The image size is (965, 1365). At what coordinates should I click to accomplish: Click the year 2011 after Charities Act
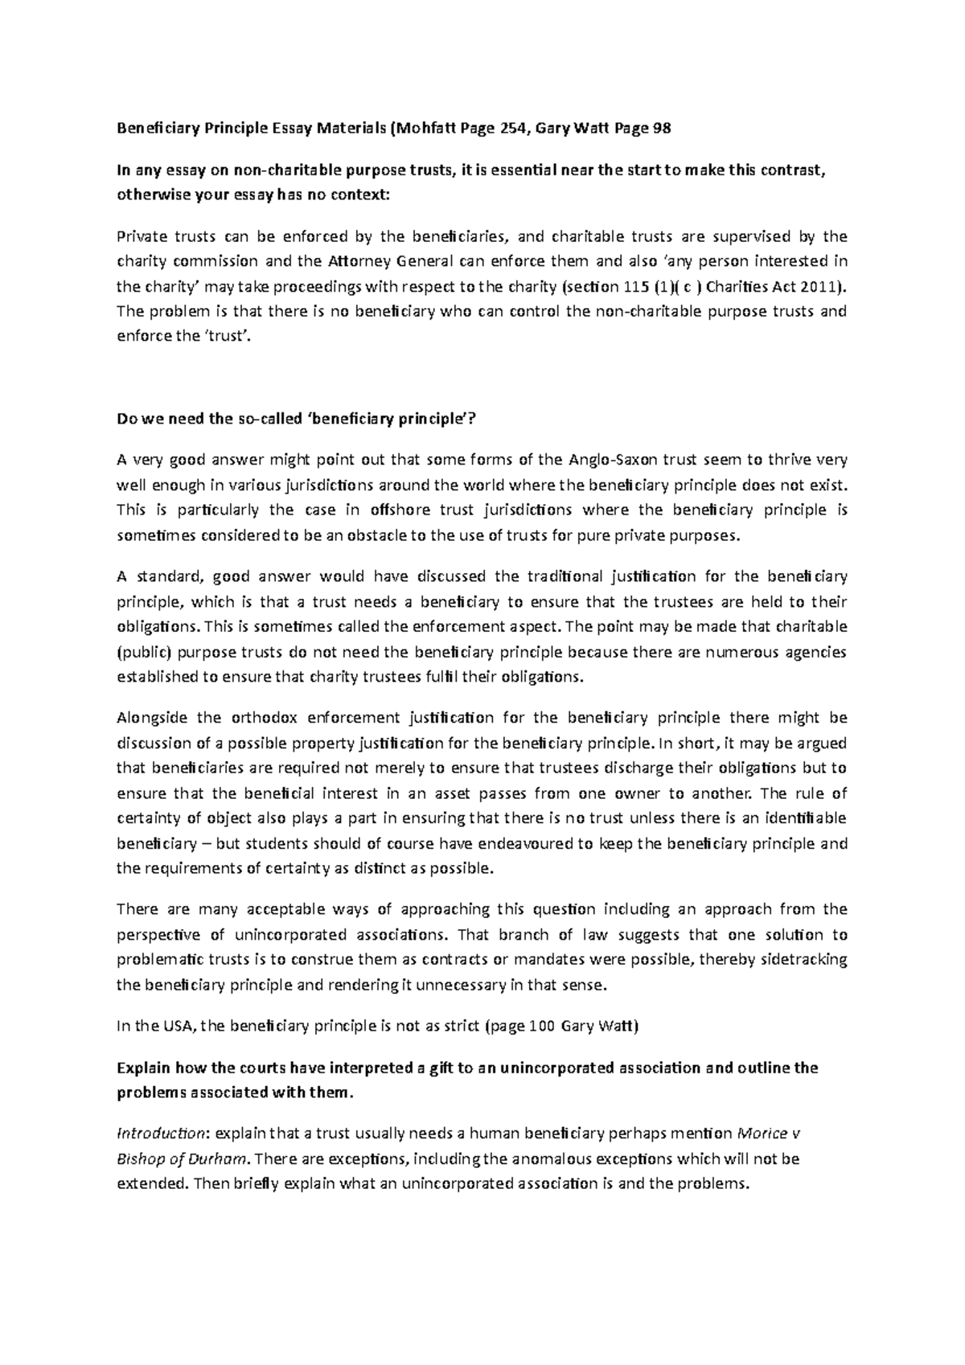[x=823, y=286]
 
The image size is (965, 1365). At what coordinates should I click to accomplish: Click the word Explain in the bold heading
[x=142, y=1068]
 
